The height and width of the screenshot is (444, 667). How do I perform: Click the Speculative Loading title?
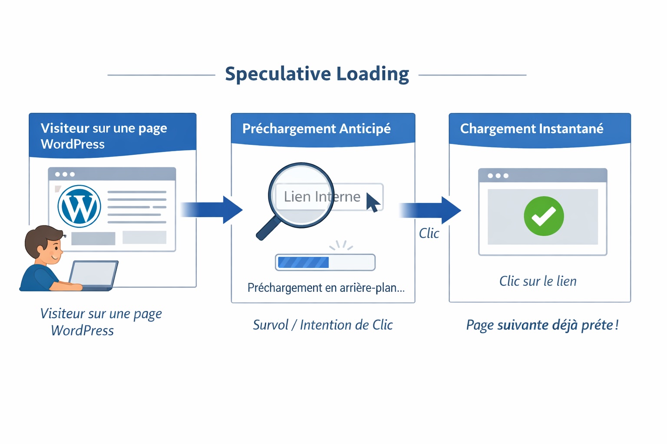(x=317, y=74)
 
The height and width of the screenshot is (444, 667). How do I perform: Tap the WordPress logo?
(x=79, y=206)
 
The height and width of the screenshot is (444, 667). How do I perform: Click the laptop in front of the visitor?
(x=93, y=274)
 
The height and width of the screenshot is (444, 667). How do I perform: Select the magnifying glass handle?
(x=267, y=228)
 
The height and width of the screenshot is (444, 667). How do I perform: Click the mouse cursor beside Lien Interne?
(x=372, y=202)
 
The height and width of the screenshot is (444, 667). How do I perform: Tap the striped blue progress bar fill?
(x=303, y=262)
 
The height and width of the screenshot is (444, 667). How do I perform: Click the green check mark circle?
(x=544, y=216)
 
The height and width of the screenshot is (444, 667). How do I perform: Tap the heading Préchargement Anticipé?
(x=317, y=129)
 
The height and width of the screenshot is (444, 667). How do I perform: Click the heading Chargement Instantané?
(x=532, y=129)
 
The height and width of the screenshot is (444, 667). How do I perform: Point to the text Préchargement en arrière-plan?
(x=326, y=288)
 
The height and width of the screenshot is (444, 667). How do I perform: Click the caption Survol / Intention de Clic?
(x=323, y=325)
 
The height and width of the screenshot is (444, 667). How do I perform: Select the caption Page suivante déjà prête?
(x=542, y=325)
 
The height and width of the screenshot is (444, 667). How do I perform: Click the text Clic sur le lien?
(x=538, y=281)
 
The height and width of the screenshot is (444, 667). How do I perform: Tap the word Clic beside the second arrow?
(x=429, y=233)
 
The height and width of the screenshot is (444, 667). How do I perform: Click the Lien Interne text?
(x=322, y=197)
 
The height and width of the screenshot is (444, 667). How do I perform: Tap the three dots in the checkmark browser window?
(x=498, y=176)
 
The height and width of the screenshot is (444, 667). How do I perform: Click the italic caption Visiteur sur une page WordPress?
(x=101, y=322)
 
